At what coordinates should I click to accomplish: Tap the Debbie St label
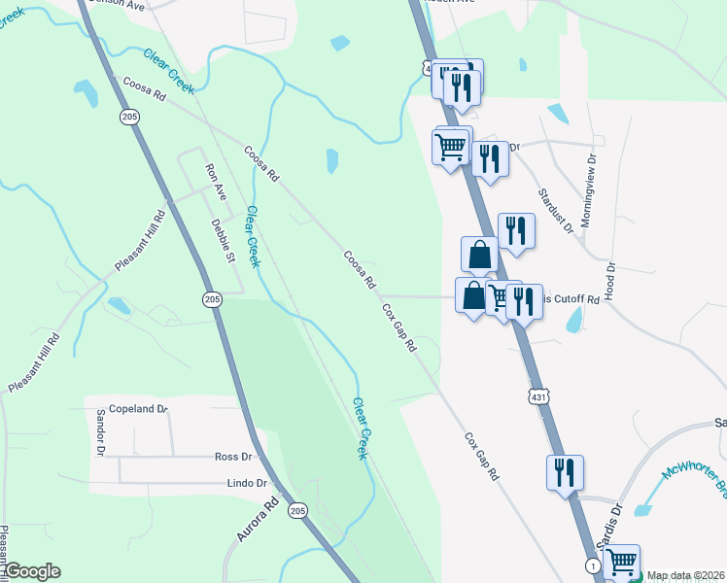coord(224,243)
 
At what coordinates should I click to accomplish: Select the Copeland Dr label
coord(138,409)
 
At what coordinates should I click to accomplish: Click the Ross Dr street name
coord(233,456)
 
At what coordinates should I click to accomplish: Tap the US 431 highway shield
coord(541,396)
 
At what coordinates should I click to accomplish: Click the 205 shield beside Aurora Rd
coord(298,509)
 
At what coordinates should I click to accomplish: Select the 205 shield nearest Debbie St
coord(212,300)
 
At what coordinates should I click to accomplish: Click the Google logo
coord(32,571)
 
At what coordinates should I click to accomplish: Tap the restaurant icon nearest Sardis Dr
coord(565,473)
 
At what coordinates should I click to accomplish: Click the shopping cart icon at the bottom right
coord(621,561)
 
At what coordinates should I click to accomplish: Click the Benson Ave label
coord(116,3)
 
